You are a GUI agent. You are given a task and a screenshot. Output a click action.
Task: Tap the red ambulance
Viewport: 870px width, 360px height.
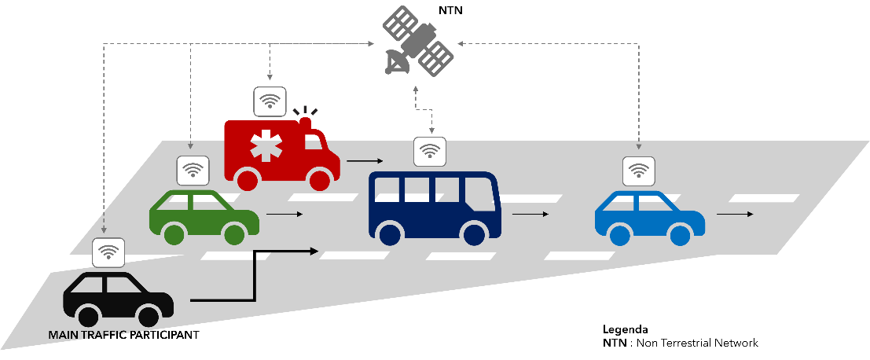click(279, 154)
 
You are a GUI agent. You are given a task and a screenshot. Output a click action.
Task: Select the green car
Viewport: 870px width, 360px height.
click(204, 214)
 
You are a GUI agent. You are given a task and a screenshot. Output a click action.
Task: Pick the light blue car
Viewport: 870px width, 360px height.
click(649, 215)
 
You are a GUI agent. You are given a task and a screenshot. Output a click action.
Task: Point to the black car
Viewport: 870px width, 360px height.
click(118, 299)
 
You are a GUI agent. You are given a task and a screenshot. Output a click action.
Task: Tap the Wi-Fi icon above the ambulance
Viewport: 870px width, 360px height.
click(270, 101)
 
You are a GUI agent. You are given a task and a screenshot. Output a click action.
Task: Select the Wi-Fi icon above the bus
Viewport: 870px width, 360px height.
click(430, 152)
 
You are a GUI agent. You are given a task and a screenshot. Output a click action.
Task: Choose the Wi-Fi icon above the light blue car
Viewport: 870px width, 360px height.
click(639, 171)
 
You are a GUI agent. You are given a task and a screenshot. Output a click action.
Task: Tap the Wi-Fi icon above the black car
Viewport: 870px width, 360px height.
click(108, 252)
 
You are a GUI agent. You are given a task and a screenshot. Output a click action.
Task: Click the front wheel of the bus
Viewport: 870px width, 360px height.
click(475, 234)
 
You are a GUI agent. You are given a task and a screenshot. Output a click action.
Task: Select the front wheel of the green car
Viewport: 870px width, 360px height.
click(234, 234)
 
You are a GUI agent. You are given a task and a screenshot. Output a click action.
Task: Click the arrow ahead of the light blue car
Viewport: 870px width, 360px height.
click(735, 214)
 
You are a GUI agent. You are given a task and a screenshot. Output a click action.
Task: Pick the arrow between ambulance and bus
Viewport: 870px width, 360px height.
click(359, 161)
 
